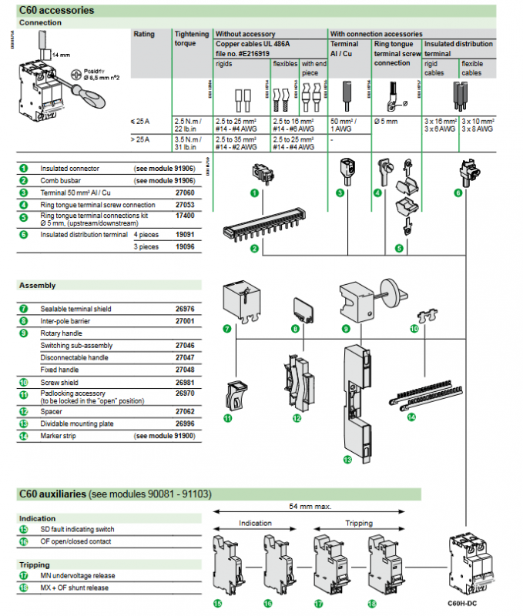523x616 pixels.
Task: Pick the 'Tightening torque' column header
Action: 191,39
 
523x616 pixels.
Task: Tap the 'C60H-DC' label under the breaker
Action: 462,603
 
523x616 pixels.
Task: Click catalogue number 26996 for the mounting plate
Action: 185,423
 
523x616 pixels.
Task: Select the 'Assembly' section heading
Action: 38,286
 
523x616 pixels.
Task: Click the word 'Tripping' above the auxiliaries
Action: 358,523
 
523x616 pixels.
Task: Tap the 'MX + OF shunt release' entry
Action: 74,588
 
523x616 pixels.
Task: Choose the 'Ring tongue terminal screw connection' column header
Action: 397,54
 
